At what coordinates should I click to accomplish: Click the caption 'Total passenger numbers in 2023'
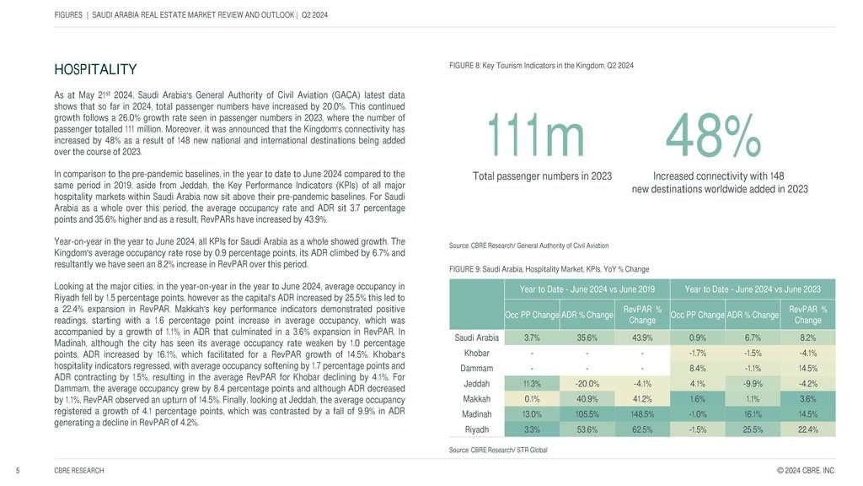tap(542, 175)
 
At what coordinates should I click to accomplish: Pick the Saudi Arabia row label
tap(476, 338)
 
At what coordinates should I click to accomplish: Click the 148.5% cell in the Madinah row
tap(642, 413)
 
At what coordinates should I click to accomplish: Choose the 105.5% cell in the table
tap(587, 413)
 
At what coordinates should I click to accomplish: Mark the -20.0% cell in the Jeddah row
tap(587, 383)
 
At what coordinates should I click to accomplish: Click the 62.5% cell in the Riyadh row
tap(642, 429)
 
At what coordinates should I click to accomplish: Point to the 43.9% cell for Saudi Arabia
tap(642, 338)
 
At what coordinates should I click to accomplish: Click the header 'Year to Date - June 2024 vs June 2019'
tap(587, 289)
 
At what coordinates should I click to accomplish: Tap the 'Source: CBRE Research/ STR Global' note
tap(500, 450)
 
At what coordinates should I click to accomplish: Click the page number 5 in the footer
tap(18, 469)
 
